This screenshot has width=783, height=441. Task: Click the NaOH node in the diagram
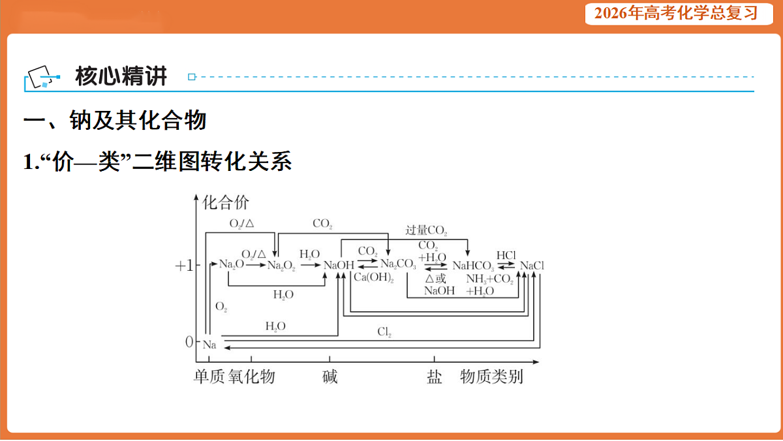tap(339, 266)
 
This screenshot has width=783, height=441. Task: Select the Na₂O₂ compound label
tap(281, 266)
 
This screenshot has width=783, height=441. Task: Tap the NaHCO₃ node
tap(473, 266)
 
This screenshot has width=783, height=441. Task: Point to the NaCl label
tap(532, 266)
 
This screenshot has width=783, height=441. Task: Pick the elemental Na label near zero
tap(209, 345)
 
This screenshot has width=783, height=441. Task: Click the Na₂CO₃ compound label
tap(398, 264)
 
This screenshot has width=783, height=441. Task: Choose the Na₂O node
tap(232, 264)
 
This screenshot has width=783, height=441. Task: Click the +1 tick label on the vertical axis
tap(184, 266)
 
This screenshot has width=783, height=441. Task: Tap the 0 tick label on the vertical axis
tap(189, 342)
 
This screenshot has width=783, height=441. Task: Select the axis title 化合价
tap(226, 203)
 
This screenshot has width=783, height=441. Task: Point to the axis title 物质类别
tap(491, 376)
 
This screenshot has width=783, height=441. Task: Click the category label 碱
tap(330, 376)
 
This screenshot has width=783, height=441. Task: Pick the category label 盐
tap(434, 377)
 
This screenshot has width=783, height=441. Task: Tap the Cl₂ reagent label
tap(384, 331)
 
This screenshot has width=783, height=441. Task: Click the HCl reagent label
tap(506, 255)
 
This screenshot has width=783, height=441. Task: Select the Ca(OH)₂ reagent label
tap(374, 277)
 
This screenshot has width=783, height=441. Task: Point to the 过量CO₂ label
tap(426, 230)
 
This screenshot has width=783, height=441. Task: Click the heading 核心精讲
tap(121, 76)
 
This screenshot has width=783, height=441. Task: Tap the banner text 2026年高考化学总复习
tap(676, 14)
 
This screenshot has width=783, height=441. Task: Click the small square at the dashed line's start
tap(192, 77)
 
